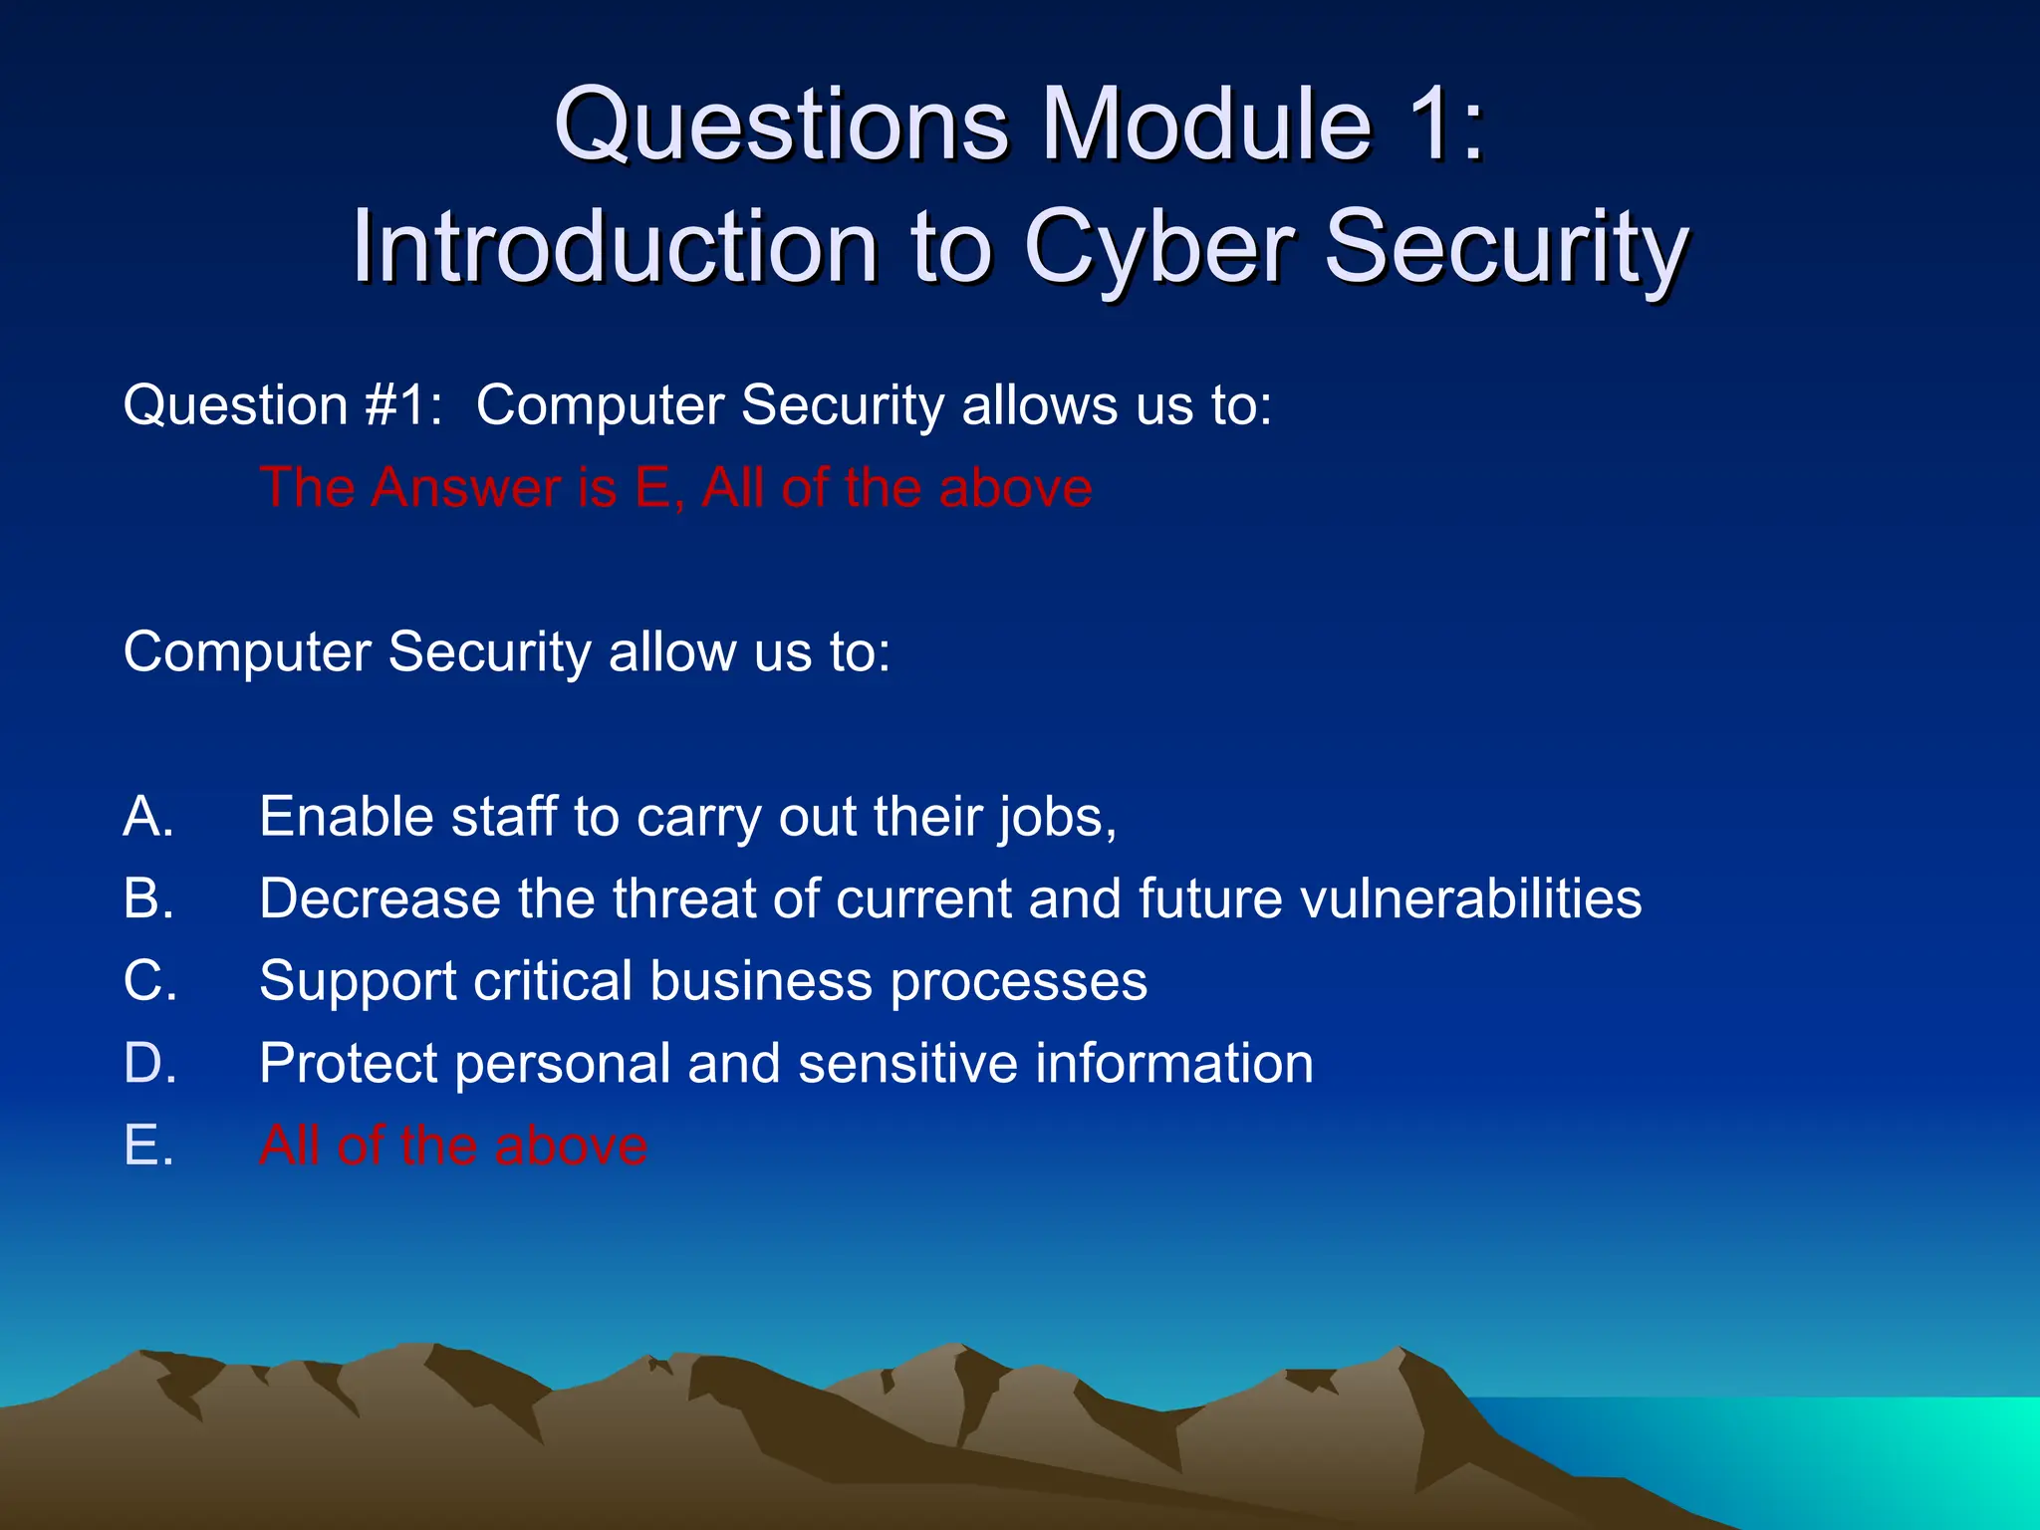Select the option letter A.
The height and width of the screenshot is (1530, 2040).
(147, 817)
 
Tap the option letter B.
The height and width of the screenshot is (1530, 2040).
(147, 898)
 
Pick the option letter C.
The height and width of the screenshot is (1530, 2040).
(149, 981)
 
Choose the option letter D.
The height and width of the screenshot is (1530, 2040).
(149, 1063)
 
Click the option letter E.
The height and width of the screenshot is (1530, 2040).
(147, 1146)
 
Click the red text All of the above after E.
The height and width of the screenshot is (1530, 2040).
(453, 1146)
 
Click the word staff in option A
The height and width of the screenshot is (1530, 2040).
(503, 817)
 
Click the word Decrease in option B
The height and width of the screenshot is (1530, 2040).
(380, 898)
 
